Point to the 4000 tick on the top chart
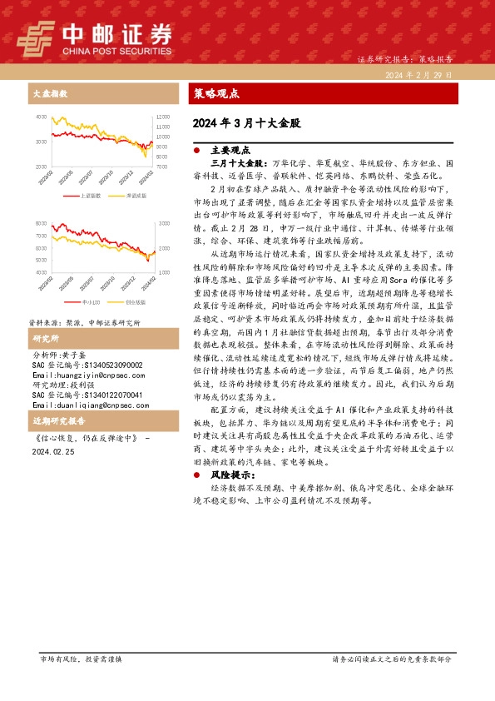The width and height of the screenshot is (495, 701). (42, 117)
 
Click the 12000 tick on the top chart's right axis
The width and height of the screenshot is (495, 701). (162, 117)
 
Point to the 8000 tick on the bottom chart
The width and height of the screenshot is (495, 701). (42, 224)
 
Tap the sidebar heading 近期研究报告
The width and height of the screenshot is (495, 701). (56, 421)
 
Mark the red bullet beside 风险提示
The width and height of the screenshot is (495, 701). (196, 475)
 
